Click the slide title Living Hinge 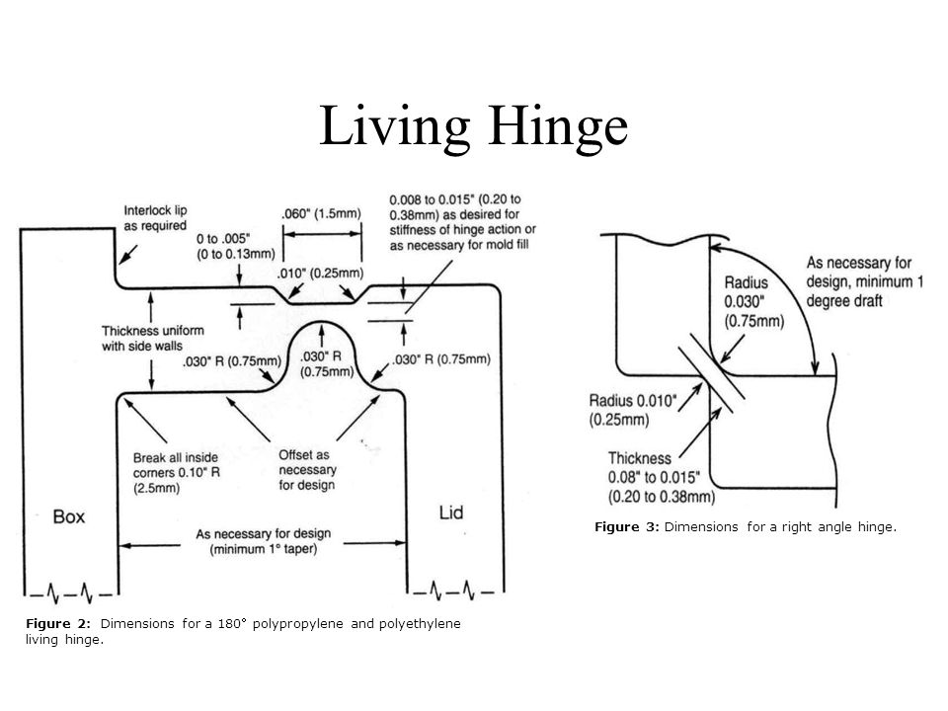click(473, 125)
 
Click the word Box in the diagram click(68, 515)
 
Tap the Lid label click(451, 512)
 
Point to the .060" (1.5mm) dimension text click(322, 212)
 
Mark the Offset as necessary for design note click(307, 472)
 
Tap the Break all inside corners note click(184, 472)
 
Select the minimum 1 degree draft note click(864, 282)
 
